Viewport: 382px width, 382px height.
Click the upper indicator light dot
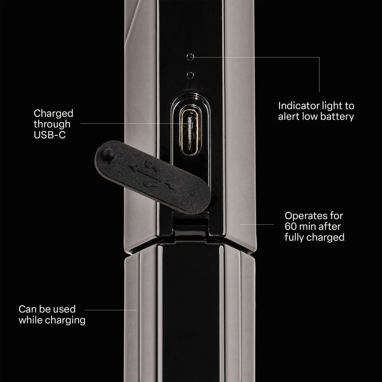[x=190, y=57]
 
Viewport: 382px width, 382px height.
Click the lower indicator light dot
[x=190, y=75]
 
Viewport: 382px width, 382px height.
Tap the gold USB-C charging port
[x=190, y=132]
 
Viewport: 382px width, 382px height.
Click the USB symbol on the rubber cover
[x=152, y=176]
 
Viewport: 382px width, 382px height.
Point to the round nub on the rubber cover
[x=108, y=154]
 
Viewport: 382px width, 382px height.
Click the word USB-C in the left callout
[x=50, y=135]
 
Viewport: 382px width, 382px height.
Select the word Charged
[x=54, y=114]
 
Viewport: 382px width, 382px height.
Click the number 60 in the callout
[x=290, y=227]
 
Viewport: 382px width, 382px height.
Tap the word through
[x=52, y=124]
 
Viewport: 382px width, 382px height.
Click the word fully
[x=294, y=238]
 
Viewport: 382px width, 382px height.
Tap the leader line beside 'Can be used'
[x=110, y=310]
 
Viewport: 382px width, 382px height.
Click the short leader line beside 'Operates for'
[x=257, y=224]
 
